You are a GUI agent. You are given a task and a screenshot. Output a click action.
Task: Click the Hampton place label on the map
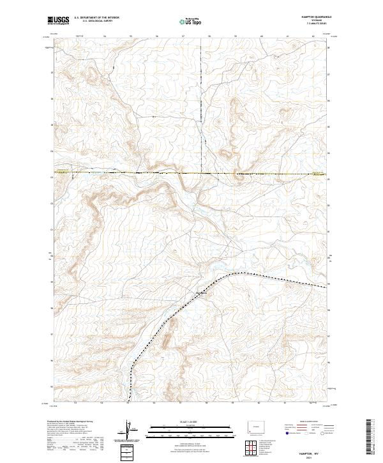[x=202, y=294]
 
